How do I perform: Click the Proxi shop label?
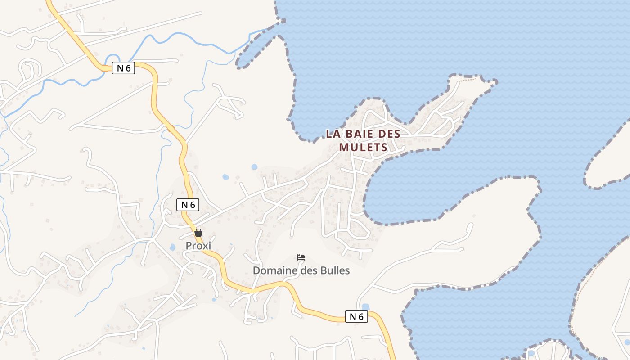tap(198, 246)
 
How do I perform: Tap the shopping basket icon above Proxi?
tap(198, 233)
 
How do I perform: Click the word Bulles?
tap(334, 270)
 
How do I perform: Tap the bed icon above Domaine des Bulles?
tap(301, 257)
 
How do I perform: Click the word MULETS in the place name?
tap(363, 147)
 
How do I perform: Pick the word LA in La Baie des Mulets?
tap(333, 134)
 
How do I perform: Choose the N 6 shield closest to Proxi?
tap(188, 205)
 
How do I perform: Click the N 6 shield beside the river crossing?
tap(123, 68)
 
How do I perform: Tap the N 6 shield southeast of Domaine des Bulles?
tap(356, 317)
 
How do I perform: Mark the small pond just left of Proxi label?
tap(172, 247)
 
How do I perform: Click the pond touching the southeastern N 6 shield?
tap(365, 307)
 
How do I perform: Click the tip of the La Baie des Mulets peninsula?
tap(495, 82)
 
